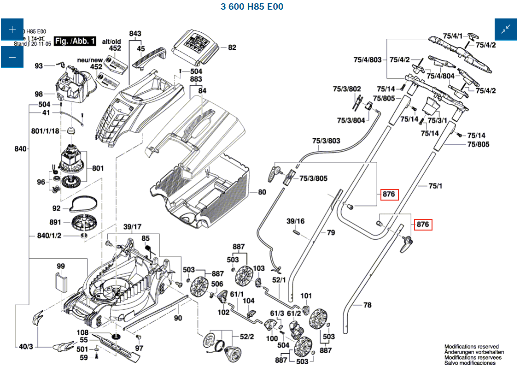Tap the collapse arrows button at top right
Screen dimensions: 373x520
[x=506, y=30]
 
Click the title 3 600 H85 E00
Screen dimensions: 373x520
[x=252, y=7]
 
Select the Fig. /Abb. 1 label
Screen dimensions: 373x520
[x=75, y=41]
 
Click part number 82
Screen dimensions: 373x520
[x=232, y=47]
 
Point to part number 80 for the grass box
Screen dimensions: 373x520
[x=262, y=192]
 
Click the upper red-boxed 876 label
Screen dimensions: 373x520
[x=389, y=194]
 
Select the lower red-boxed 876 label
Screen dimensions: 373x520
[x=423, y=225]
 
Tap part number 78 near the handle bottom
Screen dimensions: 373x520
[x=367, y=305]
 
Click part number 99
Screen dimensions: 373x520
[x=61, y=266]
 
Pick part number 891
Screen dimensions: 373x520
[x=55, y=222]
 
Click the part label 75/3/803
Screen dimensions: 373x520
[x=326, y=141]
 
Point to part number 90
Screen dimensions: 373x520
[x=178, y=318]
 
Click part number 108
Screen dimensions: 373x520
[x=82, y=332]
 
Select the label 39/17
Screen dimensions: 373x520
[x=132, y=226]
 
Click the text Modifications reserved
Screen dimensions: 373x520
[x=471, y=347]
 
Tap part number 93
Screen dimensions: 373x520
[x=39, y=66]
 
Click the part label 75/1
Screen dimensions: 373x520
[x=435, y=186]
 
